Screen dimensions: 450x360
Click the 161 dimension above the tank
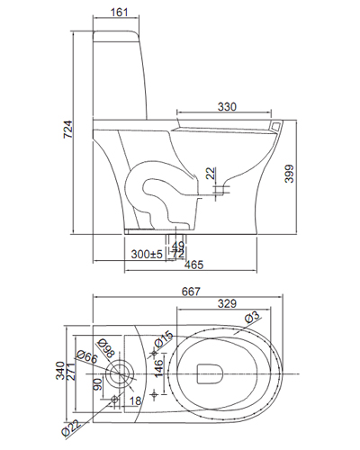click(x=119, y=13)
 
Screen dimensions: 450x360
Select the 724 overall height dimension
click(x=67, y=130)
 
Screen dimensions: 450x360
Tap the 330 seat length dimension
click(x=227, y=107)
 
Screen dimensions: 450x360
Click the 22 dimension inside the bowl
click(x=210, y=173)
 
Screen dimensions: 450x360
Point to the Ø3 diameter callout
click(x=253, y=315)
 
